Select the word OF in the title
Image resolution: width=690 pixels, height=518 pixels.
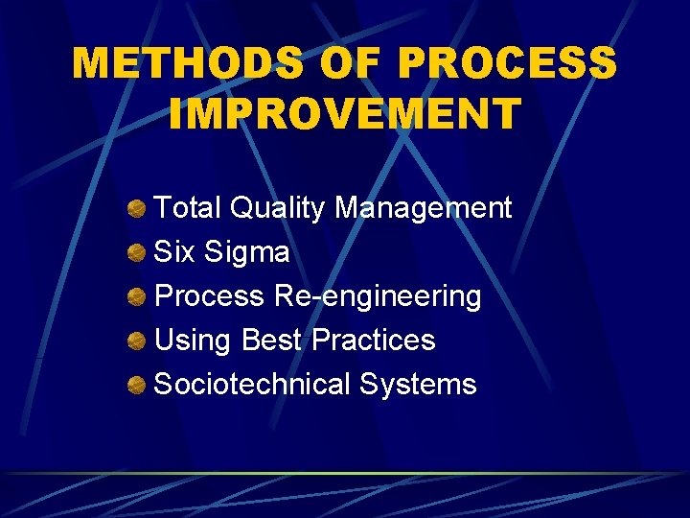coord(350,64)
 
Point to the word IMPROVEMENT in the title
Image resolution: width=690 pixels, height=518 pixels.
coord(344,112)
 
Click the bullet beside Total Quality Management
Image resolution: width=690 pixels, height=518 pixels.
coord(138,208)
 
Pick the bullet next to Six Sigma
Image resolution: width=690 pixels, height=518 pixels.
coord(138,252)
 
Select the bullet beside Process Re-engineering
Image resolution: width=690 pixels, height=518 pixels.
coord(138,296)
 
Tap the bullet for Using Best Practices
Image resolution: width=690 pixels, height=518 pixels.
coord(138,341)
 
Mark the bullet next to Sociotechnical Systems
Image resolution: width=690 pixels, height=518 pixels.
coord(138,385)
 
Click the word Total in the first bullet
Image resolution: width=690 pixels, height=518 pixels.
coord(188,207)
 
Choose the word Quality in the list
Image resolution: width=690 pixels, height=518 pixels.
coord(278,208)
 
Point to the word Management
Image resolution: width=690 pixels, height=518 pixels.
coord(423,208)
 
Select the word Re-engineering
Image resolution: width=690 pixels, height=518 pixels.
coord(378,296)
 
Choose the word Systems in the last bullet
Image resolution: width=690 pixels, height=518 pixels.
coord(418,384)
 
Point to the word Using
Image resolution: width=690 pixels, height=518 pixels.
coord(194,341)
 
